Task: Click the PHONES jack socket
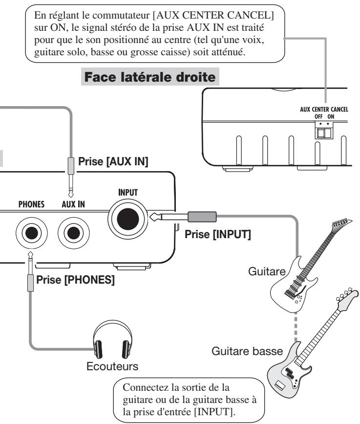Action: (32, 233)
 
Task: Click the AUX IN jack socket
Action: (73, 233)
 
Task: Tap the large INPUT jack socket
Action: (128, 219)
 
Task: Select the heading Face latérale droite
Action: (150, 77)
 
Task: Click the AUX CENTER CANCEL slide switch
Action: (324, 133)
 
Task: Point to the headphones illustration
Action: (113, 339)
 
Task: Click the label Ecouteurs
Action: (112, 366)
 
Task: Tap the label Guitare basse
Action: (247, 351)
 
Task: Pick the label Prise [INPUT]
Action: (218, 234)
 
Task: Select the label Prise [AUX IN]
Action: (113, 161)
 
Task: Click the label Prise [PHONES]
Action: (75, 280)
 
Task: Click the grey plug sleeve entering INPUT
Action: (202, 217)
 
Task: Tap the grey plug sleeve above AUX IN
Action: (71, 166)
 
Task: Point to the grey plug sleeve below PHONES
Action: (30, 283)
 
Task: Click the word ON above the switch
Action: (331, 117)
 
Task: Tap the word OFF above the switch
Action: (318, 117)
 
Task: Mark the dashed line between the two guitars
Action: (296, 327)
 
